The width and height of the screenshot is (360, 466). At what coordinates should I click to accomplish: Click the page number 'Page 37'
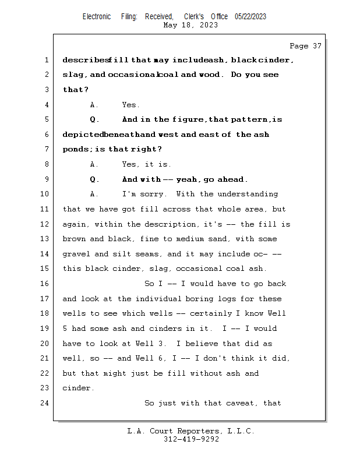(x=305, y=45)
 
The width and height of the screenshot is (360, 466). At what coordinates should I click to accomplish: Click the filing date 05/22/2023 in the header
(x=250, y=17)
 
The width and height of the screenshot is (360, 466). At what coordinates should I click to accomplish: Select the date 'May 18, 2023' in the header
(x=191, y=25)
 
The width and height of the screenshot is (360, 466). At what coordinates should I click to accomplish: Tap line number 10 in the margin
(x=46, y=194)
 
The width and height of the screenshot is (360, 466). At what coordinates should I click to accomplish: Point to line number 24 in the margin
(x=46, y=403)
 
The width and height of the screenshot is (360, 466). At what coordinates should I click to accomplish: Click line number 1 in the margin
(x=46, y=60)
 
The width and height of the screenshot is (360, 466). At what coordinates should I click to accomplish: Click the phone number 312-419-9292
(x=191, y=440)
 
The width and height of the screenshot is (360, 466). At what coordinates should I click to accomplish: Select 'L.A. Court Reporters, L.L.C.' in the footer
(x=191, y=432)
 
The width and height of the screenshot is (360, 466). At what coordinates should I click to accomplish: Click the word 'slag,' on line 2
(x=75, y=75)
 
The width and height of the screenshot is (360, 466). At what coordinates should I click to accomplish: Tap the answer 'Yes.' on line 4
(x=130, y=105)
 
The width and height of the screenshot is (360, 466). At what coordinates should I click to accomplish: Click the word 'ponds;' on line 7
(x=76, y=150)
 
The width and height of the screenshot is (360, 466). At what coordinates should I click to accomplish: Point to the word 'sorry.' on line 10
(x=156, y=194)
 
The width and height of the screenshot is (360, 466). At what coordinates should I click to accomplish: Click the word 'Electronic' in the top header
(x=97, y=17)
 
